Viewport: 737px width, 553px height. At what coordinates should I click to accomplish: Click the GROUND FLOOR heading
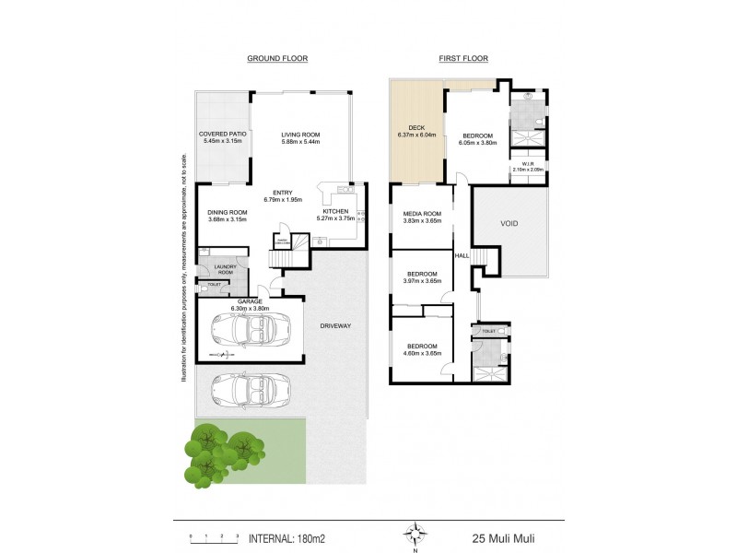(x=276, y=58)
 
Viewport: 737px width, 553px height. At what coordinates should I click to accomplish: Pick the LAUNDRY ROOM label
(x=226, y=270)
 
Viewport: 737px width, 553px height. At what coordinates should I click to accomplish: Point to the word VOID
(x=510, y=223)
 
